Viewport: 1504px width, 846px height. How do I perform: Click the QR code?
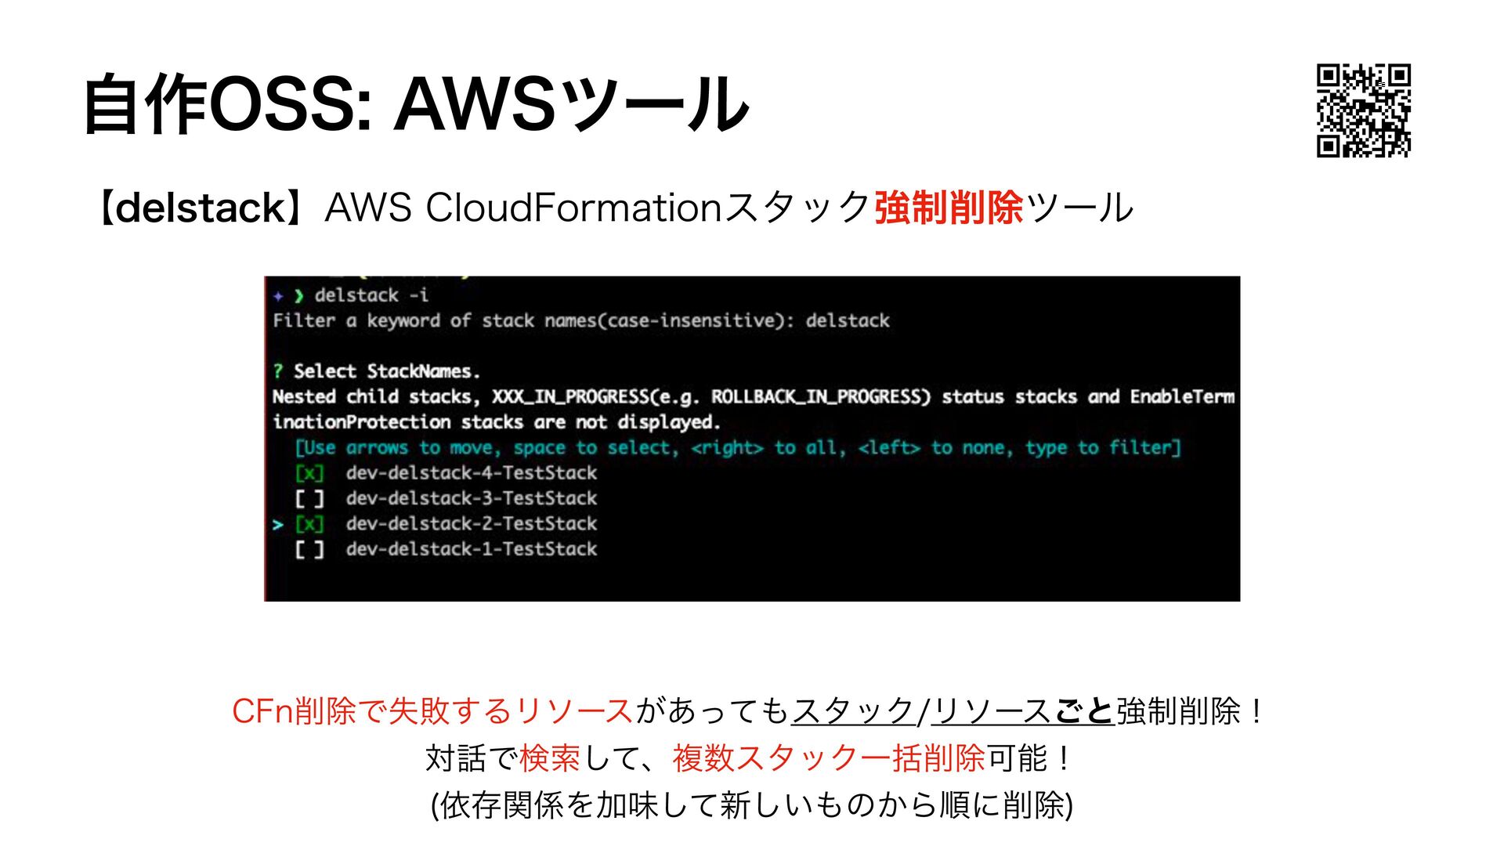click(x=1364, y=110)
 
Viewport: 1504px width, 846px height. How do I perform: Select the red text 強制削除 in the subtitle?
click(x=949, y=208)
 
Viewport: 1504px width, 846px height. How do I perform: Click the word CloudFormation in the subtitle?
click(x=573, y=208)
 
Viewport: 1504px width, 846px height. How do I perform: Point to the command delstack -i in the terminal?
click(x=371, y=295)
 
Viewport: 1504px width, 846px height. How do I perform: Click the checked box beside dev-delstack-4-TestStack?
click(x=309, y=473)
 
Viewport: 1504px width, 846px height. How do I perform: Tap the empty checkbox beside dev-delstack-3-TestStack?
click(x=309, y=498)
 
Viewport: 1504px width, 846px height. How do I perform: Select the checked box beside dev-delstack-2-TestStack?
click(x=309, y=524)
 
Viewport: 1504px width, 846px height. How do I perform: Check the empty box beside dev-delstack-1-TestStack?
click(x=309, y=549)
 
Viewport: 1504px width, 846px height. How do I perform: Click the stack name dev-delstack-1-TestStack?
click(x=471, y=549)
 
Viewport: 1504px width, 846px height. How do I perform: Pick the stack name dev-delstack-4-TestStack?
click(x=471, y=473)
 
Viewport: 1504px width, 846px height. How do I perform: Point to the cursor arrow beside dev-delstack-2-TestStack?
click(x=278, y=525)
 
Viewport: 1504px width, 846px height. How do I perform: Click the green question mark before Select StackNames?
click(x=278, y=371)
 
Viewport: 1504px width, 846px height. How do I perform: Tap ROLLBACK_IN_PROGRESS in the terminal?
click(x=820, y=397)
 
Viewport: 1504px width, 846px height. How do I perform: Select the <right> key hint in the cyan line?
click(x=727, y=448)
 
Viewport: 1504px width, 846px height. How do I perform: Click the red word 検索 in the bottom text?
click(x=549, y=758)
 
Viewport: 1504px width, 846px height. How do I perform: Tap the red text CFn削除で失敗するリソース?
click(x=432, y=711)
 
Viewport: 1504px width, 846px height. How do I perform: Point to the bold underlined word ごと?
click(x=1083, y=711)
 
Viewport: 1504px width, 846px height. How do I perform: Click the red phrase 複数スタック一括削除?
click(x=828, y=758)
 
